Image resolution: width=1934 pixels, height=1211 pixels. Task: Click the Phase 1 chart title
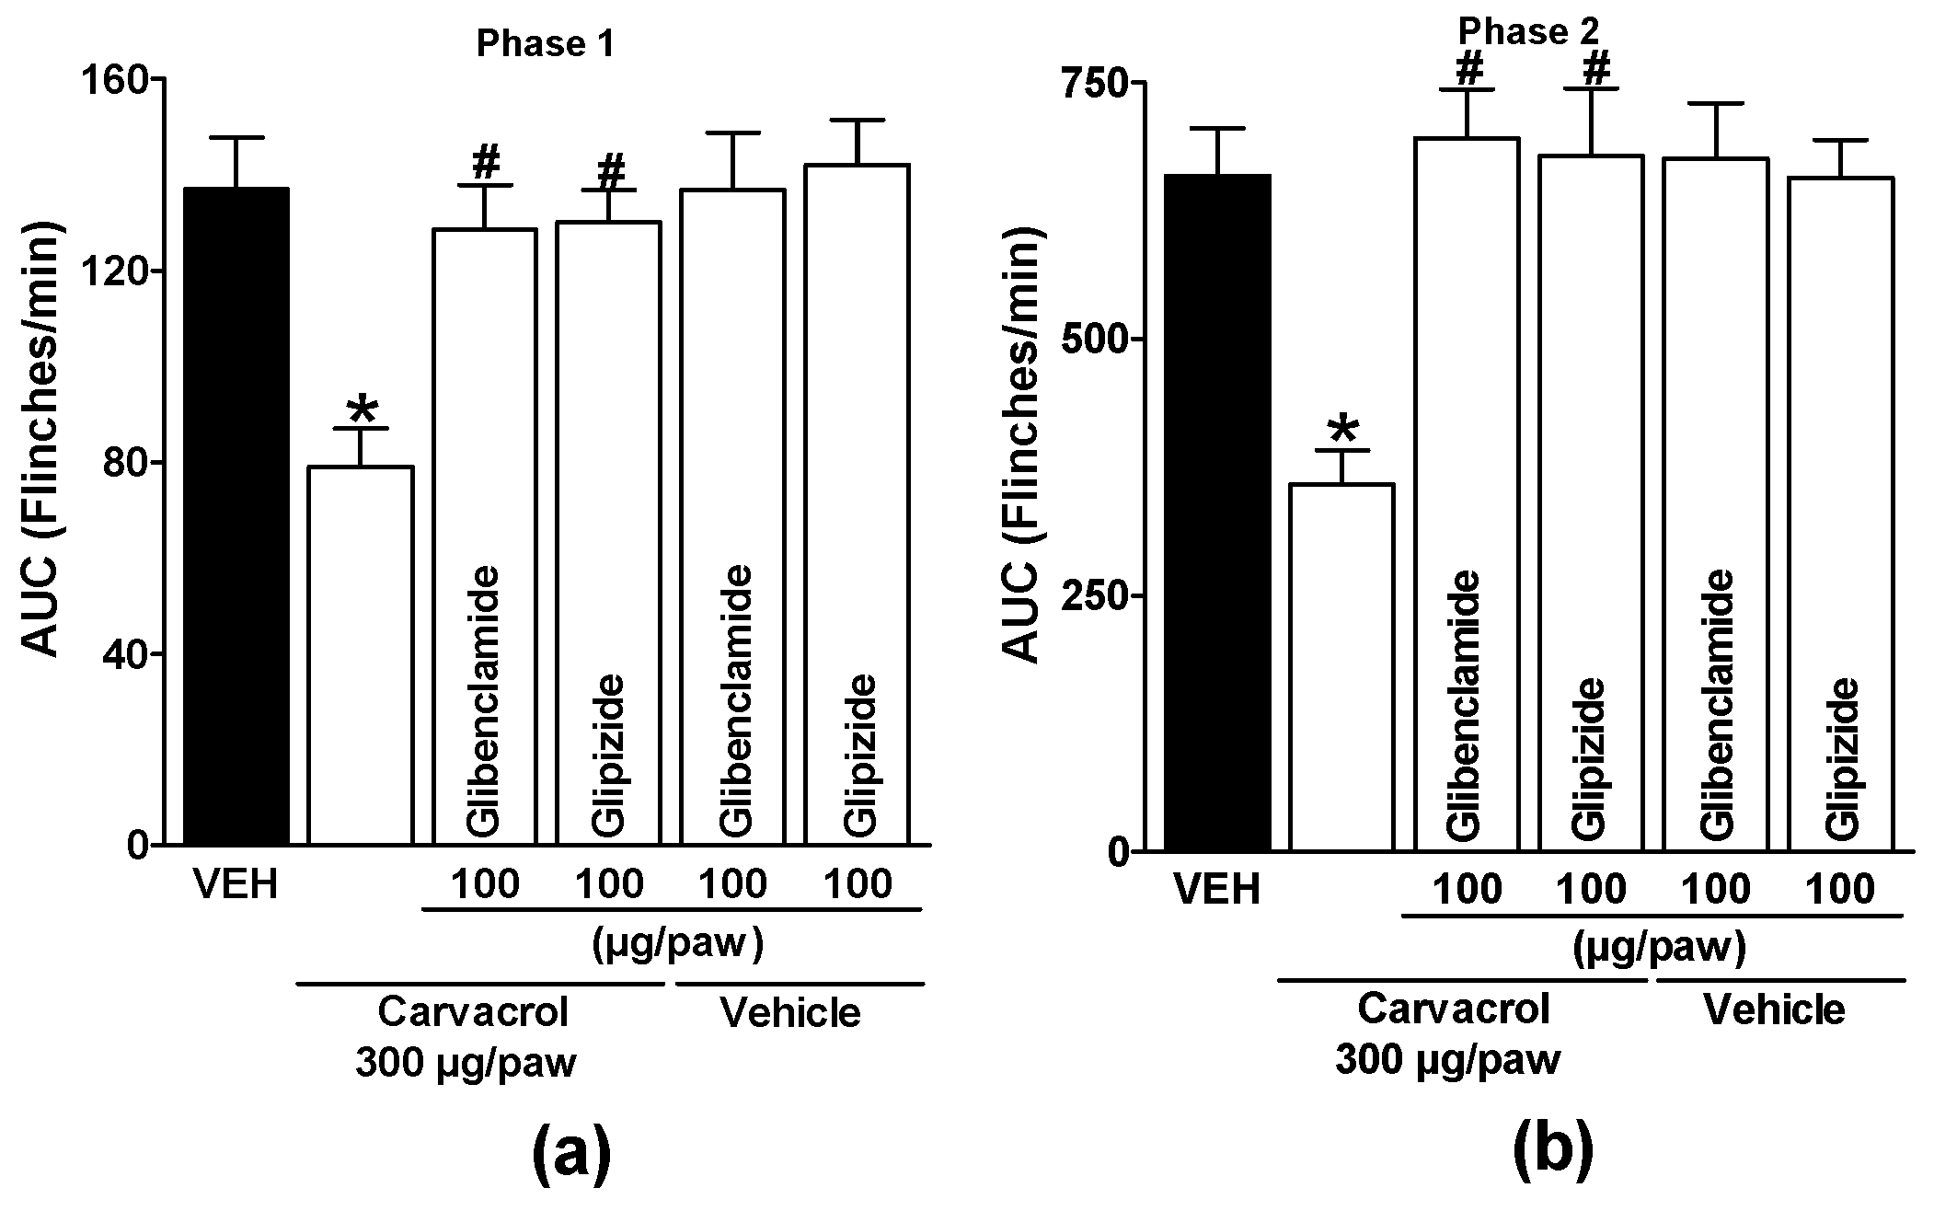tap(544, 45)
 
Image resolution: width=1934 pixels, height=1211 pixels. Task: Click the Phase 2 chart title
tap(1528, 33)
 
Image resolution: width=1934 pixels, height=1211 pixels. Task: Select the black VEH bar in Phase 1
tap(236, 515)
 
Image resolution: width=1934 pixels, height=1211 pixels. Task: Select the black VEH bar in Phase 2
tap(1217, 512)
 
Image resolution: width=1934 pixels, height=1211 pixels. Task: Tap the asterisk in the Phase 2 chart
tap(1342, 430)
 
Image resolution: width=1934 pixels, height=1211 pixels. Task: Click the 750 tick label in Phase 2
tap(1090, 83)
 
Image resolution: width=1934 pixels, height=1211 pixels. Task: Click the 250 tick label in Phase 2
tap(1090, 595)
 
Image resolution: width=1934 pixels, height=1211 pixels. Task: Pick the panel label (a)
tap(571, 1154)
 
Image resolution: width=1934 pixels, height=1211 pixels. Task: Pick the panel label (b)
tap(1553, 1154)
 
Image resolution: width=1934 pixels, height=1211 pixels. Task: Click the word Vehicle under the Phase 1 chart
tap(790, 1013)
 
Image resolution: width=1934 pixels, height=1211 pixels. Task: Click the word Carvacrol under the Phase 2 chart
tap(1454, 1009)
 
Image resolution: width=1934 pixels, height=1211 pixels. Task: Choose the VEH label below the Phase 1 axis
tap(236, 885)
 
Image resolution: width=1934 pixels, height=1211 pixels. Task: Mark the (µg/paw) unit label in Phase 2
tap(1659, 948)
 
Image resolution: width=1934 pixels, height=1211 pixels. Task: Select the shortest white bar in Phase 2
tap(1341, 666)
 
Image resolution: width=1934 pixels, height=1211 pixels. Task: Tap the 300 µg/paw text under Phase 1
tap(466, 1064)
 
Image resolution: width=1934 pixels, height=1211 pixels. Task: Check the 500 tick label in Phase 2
tap(1090, 340)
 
